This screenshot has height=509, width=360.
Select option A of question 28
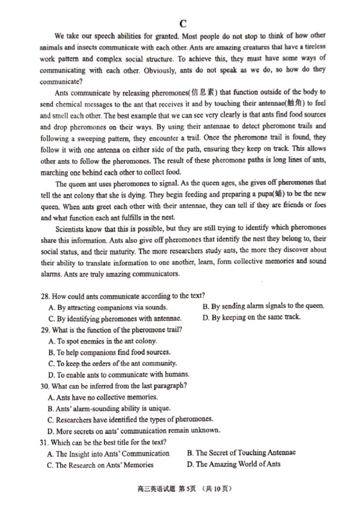point(108,307)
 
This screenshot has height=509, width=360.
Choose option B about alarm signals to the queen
point(263,306)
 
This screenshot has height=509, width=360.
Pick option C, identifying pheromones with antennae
point(114,318)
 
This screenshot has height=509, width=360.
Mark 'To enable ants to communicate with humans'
point(118,374)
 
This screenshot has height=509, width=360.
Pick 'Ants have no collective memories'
point(103,397)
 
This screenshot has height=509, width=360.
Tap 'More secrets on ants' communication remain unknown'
point(134,430)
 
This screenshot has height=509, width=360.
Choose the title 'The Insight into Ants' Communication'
point(108,454)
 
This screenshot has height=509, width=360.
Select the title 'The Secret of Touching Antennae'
point(241,453)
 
